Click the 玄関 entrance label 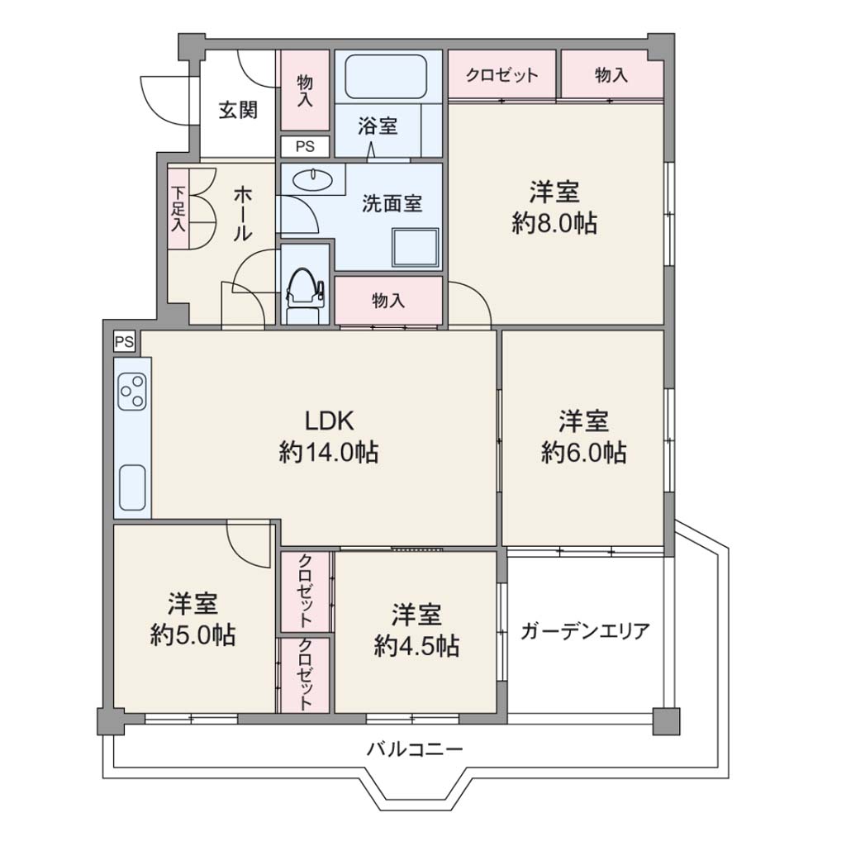(x=238, y=111)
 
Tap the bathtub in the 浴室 (x=386, y=77)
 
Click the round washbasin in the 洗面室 (x=312, y=179)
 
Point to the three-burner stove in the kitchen (x=132, y=392)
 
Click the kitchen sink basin (x=132, y=487)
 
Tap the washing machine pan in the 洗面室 (x=416, y=248)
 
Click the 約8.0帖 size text (x=554, y=223)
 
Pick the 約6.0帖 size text (x=584, y=452)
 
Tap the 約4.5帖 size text (x=416, y=645)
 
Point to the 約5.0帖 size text (x=192, y=635)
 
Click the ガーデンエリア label (x=585, y=630)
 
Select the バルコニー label (x=415, y=749)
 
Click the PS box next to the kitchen (x=124, y=342)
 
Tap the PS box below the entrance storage (x=305, y=146)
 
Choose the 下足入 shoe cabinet (x=178, y=209)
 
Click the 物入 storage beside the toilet (x=388, y=301)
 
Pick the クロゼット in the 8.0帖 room (x=501, y=74)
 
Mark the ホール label (x=242, y=214)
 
